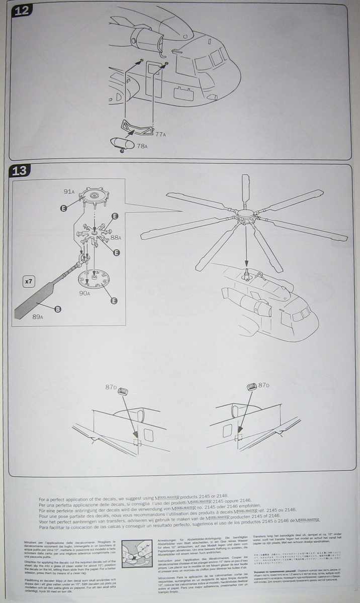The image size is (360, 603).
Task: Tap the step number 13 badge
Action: click(x=21, y=170)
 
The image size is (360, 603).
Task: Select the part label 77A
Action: click(x=160, y=135)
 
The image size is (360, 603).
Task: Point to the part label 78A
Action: click(x=142, y=146)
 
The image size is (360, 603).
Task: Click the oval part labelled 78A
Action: click(x=120, y=143)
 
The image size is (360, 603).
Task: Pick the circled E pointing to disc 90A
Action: click(x=114, y=301)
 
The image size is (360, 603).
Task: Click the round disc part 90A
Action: click(x=94, y=277)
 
